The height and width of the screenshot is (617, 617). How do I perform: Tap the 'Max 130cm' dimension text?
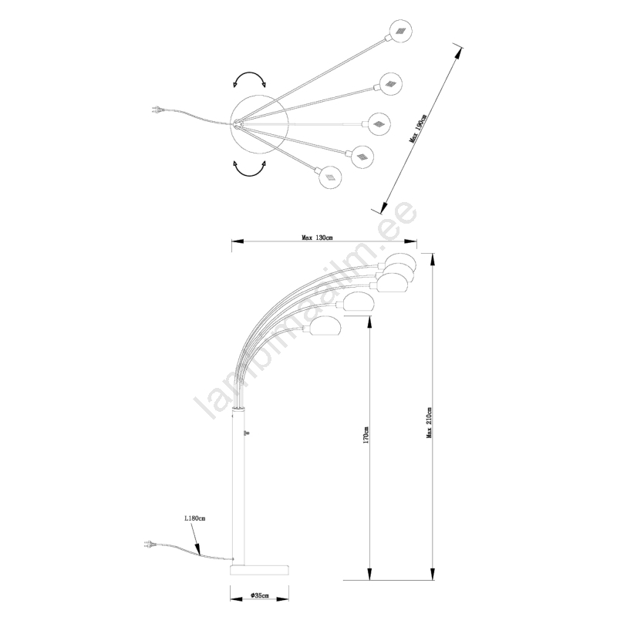point(317,238)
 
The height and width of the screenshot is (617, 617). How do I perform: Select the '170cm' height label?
point(365,436)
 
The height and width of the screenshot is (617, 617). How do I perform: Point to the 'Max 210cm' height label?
point(429,422)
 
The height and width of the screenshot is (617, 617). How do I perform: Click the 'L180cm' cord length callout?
point(195,518)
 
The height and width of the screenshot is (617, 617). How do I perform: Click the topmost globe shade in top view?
point(402,31)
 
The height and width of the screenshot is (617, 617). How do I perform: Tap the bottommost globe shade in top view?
point(330,177)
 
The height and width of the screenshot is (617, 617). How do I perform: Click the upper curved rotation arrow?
point(249,73)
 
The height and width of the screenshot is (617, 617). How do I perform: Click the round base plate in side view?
point(259,571)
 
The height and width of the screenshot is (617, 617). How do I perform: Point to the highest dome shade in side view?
point(400,263)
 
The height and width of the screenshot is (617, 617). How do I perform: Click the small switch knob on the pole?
point(246,433)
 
